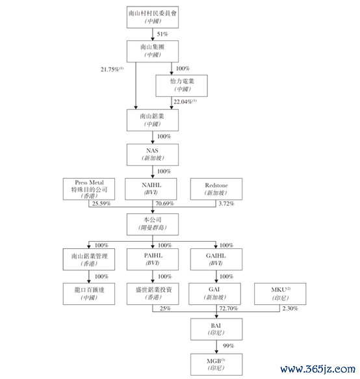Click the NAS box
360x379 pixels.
click(153, 155)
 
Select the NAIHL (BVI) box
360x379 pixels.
click(151, 189)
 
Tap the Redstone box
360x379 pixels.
click(216, 189)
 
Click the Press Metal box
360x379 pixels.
click(89, 189)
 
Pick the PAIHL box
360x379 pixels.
click(153, 259)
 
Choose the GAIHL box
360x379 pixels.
click(216, 259)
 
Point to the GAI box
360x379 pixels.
click(214, 294)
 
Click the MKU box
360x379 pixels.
click(280, 294)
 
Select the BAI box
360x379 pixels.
click(216, 329)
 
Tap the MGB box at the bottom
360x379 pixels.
click(216, 365)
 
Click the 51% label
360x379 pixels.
click(162, 34)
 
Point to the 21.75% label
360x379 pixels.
click(112, 70)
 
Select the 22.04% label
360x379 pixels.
click(185, 102)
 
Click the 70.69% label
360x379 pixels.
click(164, 203)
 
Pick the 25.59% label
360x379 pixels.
click(101, 203)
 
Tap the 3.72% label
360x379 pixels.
click(226, 203)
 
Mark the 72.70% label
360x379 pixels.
click(229, 308)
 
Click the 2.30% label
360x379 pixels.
click(290, 308)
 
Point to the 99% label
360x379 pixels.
click(228, 346)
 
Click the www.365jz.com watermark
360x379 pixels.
click(318, 369)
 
